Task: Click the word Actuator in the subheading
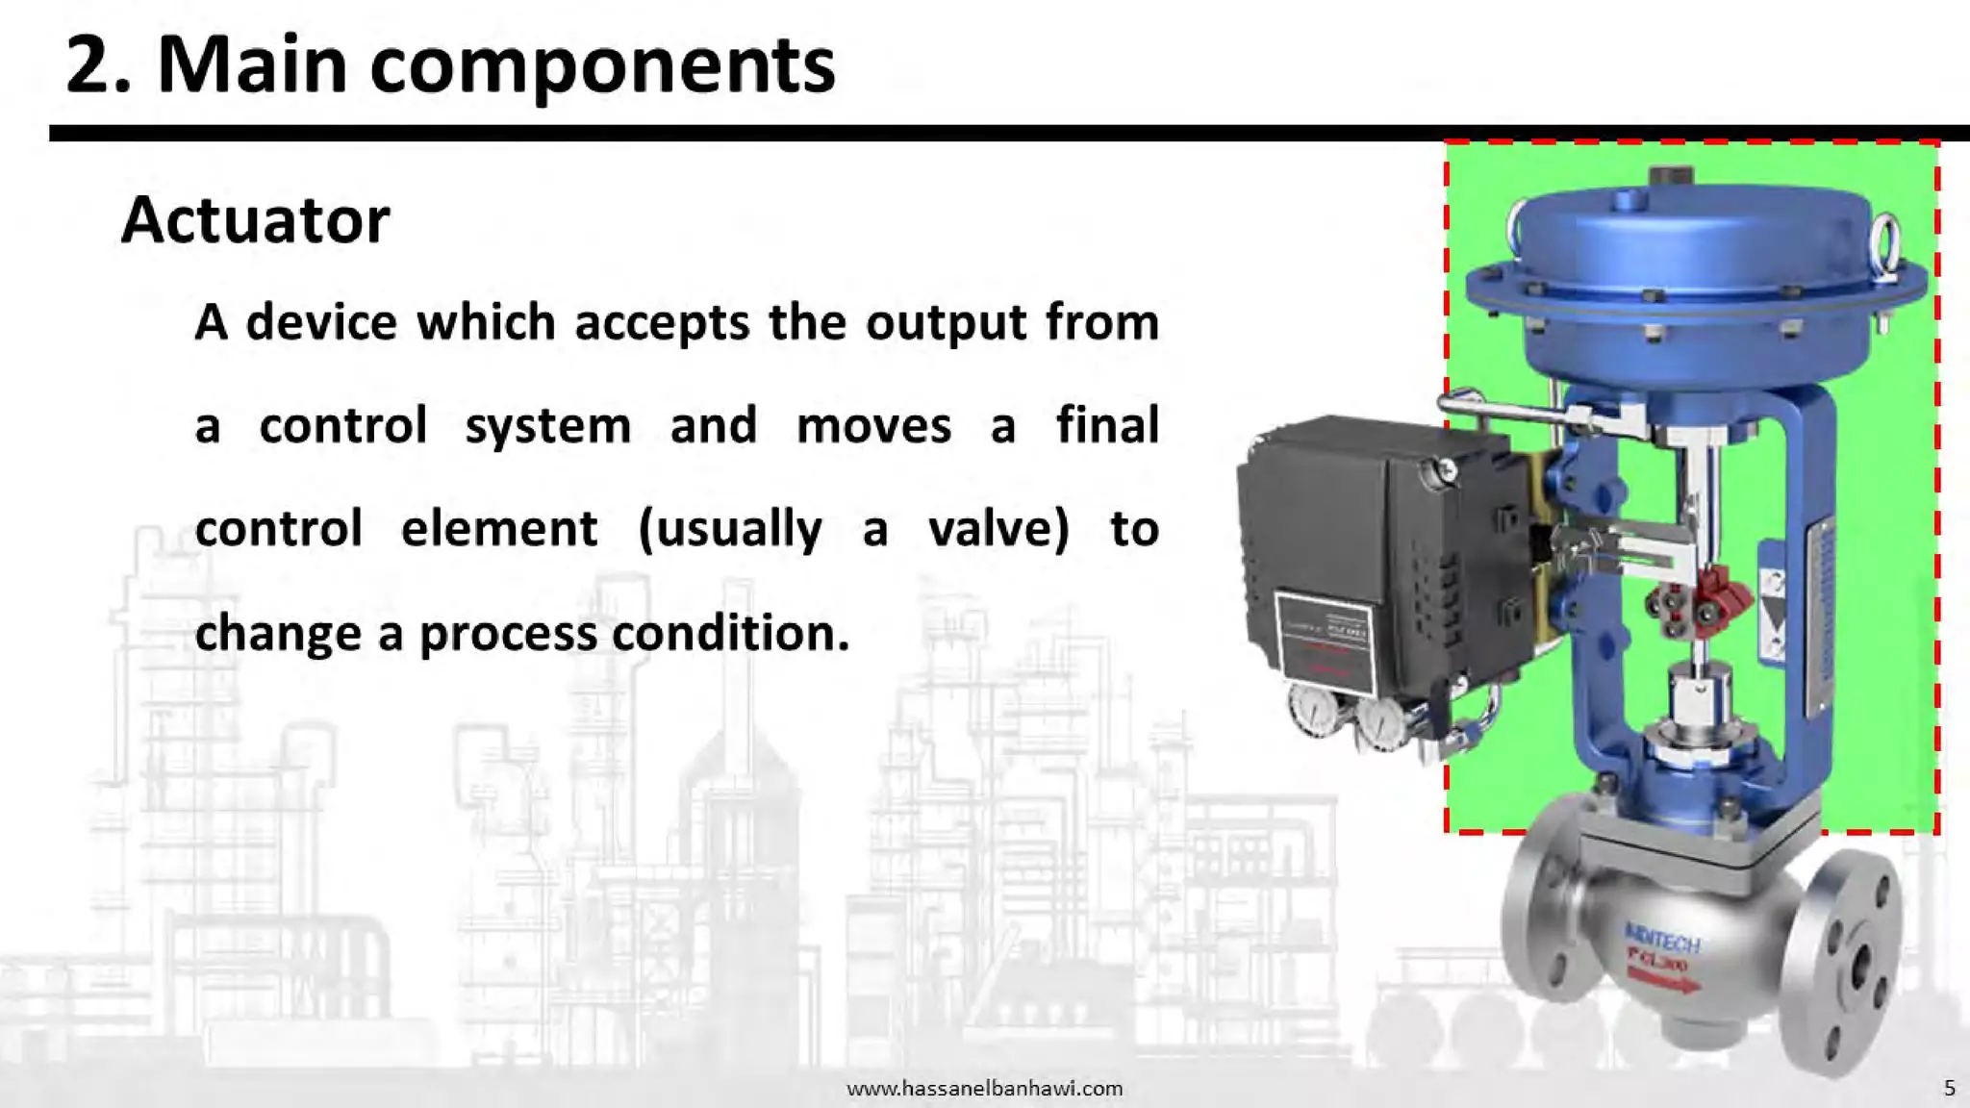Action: click(256, 221)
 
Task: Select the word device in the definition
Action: click(321, 322)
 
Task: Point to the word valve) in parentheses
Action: click(998, 529)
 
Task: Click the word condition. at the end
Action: click(731, 633)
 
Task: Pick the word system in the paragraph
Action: click(548, 426)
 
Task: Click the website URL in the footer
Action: click(984, 1089)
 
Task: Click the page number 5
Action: click(1950, 1089)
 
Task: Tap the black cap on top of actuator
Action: click(1670, 177)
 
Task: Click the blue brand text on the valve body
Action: click(1662, 939)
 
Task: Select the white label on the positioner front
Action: click(1325, 640)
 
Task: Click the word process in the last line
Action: click(508, 633)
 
